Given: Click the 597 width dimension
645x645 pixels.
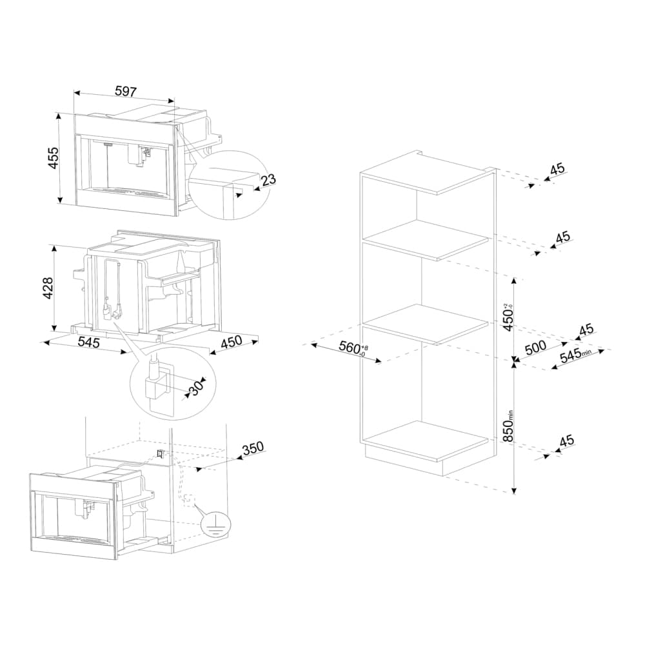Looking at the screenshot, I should click(125, 92).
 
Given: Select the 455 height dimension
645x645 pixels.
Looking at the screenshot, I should click(53, 159).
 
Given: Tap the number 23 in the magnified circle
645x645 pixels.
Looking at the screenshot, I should click(268, 179).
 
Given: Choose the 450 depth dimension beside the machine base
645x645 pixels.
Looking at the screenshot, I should click(232, 343).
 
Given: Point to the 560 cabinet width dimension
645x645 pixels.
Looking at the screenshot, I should click(351, 348).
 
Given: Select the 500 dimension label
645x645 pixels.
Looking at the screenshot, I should click(535, 347).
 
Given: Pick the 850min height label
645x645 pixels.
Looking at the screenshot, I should click(509, 426).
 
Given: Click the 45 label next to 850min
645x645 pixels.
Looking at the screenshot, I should click(566, 441).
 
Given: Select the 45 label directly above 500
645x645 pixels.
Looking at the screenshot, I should click(586, 330).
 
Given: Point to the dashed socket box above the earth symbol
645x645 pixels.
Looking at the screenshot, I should click(188, 499).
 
